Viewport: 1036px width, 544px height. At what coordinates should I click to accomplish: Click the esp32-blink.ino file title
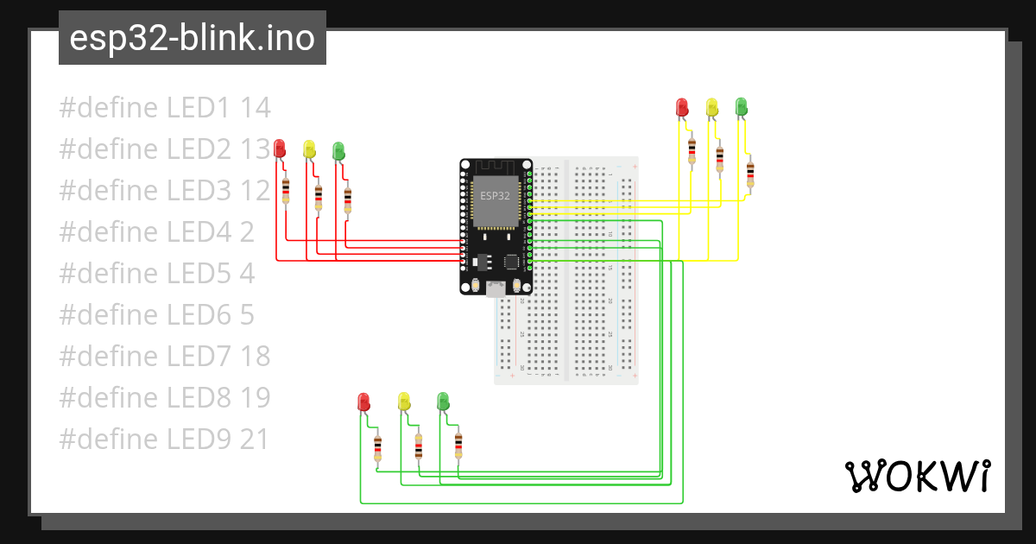pos(192,38)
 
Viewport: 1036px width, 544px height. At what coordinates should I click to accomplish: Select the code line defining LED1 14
pos(165,108)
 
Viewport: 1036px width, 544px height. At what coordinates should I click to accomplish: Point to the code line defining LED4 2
pos(156,232)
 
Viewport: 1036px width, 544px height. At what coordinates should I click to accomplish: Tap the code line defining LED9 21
pos(164,440)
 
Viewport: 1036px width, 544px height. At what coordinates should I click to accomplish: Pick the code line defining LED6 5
pos(156,315)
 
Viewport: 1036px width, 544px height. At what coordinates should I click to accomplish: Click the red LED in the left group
pos(279,149)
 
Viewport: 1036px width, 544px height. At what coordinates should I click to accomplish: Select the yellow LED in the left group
pos(309,149)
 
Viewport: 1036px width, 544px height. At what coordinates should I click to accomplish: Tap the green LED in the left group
pos(338,150)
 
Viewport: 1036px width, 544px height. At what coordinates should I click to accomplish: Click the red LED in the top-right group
pos(681,106)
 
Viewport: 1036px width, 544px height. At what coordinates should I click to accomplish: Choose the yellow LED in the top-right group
pos(711,106)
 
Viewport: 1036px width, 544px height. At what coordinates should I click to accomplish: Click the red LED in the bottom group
pos(363,402)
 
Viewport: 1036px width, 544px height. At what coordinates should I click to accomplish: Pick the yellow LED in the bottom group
pos(403,402)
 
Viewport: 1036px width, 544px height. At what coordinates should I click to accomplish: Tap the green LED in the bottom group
pos(443,402)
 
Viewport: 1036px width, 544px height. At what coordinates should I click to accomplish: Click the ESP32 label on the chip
pos(494,197)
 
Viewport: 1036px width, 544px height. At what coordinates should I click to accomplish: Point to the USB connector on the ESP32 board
pos(496,288)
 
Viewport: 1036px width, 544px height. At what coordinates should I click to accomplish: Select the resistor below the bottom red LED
pos(377,448)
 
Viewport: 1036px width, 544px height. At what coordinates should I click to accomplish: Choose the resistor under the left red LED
pos(286,190)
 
